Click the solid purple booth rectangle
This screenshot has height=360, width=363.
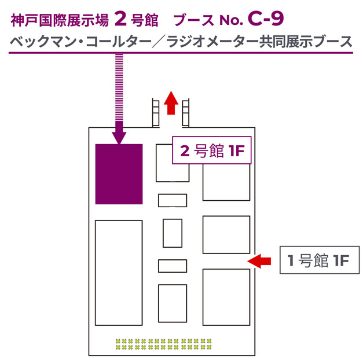pyautogui.click(x=119, y=174)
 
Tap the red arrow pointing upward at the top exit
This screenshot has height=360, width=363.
pyautogui.click(x=171, y=103)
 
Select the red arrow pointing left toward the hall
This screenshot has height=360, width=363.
pyautogui.click(x=259, y=261)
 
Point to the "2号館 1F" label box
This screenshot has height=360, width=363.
pyautogui.click(x=211, y=150)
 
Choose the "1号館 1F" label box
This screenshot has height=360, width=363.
pyautogui.click(x=320, y=260)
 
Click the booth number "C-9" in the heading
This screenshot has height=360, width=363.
pyautogui.click(x=266, y=19)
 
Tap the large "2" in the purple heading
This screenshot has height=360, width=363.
pyautogui.click(x=120, y=19)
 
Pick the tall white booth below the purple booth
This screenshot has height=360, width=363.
pyautogui.click(x=119, y=273)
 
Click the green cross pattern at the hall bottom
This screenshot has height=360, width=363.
pyautogui.click(x=164, y=344)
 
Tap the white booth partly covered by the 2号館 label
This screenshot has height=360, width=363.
pyautogui.click(x=173, y=172)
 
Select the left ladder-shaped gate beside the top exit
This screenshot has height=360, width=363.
pyautogui.click(x=156, y=113)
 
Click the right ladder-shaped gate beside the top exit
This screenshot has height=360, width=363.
pyautogui.click(x=185, y=113)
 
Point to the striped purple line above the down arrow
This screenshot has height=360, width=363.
pyautogui.click(x=119, y=87)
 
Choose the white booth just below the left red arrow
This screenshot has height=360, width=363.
pyautogui.click(x=226, y=297)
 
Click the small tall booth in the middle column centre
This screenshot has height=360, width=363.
pyautogui.click(x=173, y=233)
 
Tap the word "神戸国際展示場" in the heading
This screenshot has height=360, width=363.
pyautogui.click(x=60, y=20)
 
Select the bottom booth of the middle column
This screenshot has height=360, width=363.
pyautogui.click(x=173, y=303)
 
